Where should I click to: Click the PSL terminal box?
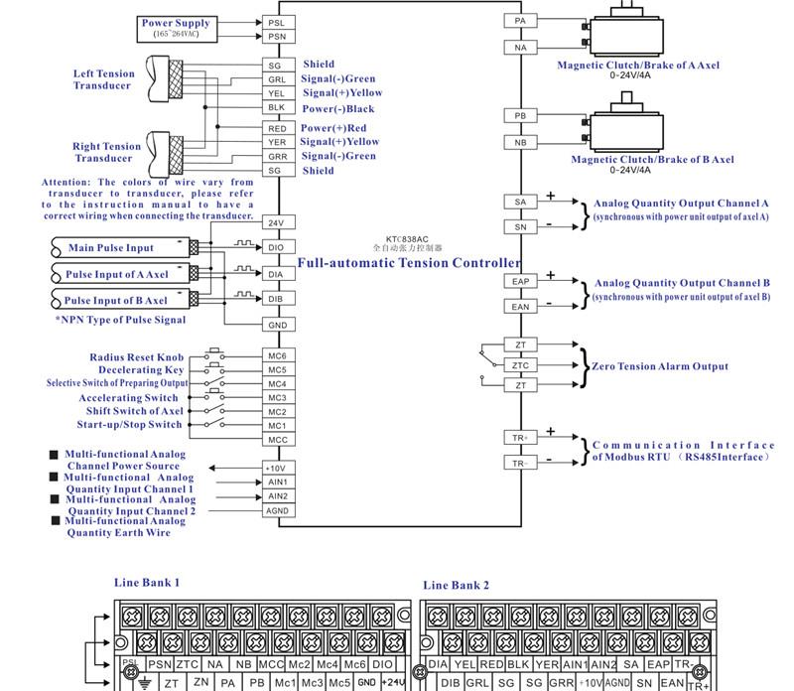click(277, 22)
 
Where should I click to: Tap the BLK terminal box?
click(277, 107)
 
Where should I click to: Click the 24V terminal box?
click(277, 222)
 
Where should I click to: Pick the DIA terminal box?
click(277, 274)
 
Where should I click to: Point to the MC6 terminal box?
click(277, 355)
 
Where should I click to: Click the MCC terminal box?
click(277, 439)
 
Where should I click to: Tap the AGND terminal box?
click(277, 510)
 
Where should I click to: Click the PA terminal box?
click(520, 20)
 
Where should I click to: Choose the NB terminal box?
click(520, 143)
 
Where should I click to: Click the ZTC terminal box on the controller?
click(520, 365)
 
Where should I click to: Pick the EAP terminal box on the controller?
click(520, 282)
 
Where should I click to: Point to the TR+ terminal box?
click(520, 436)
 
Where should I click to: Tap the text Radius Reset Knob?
click(138, 356)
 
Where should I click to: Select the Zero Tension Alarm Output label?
click(659, 366)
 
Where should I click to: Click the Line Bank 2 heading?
click(456, 585)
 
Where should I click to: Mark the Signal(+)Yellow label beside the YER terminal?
click(339, 142)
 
